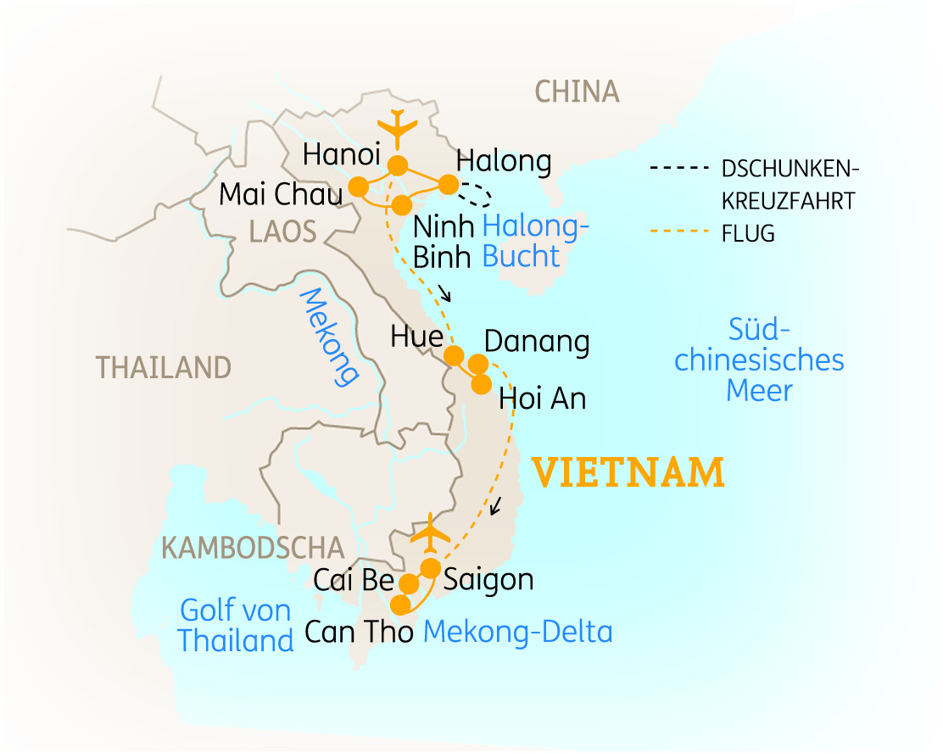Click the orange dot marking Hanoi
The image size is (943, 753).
coord(396,165)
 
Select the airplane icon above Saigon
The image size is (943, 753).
coord(432,533)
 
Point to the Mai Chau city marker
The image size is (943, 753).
coord(359,186)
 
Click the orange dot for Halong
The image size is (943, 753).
coord(448,184)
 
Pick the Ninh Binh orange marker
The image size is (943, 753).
coord(403,204)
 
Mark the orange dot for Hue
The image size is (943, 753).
coord(454,354)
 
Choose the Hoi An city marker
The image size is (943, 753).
coord(481,384)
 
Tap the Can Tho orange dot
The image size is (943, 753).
coord(399,604)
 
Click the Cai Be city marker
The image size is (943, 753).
coord(409,583)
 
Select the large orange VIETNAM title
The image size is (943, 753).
coord(628,472)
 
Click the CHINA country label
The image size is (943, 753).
coord(577,91)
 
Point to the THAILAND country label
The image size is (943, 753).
coord(163,367)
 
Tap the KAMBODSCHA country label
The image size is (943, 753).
coord(253,548)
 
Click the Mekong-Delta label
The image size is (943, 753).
coord(517,632)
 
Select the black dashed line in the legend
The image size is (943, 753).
coord(676,168)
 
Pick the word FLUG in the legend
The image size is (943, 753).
coord(748,233)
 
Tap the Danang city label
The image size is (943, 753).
coord(536,342)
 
